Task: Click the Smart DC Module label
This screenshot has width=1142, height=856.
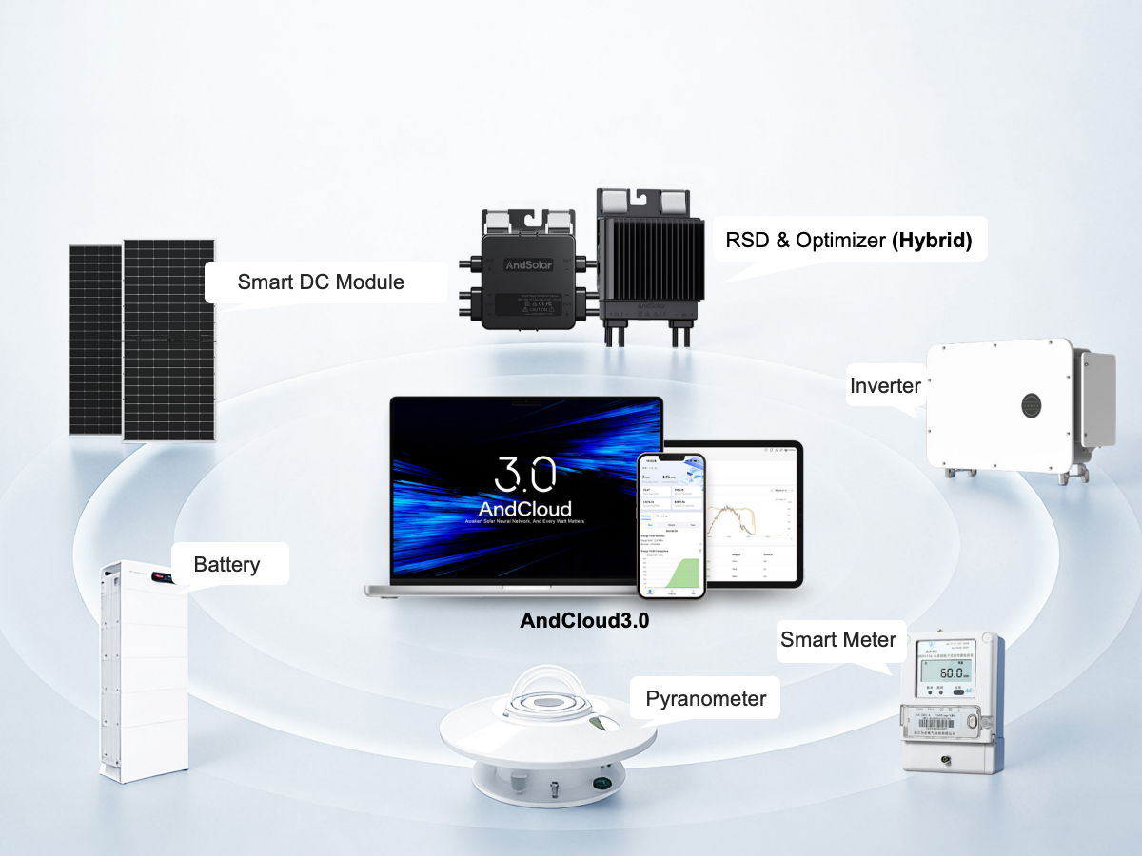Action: click(x=321, y=282)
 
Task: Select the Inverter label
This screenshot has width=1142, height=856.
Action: click(x=885, y=385)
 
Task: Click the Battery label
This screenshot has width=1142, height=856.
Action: click(x=226, y=564)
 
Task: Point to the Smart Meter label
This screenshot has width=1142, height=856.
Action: click(x=838, y=639)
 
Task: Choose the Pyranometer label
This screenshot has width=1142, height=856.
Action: click(x=705, y=699)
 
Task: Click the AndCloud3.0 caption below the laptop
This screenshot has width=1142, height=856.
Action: click(x=585, y=620)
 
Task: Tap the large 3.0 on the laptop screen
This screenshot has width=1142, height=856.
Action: click(x=526, y=476)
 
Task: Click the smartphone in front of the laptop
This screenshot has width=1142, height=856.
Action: click(x=671, y=525)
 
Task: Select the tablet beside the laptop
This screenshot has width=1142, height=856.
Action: click(x=752, y=514)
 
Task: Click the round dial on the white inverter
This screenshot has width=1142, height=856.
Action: click(x=1034, y=403)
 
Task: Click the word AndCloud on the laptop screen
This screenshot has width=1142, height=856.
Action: click(x=525, y=509)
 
